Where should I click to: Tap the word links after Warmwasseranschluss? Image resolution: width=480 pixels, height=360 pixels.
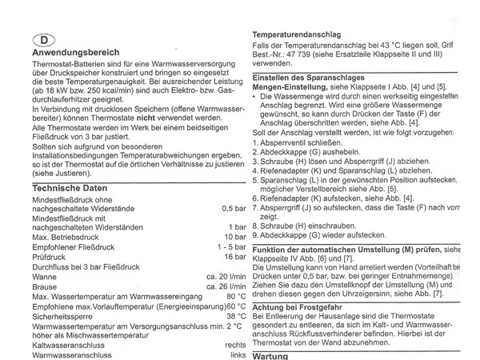click(235, 354)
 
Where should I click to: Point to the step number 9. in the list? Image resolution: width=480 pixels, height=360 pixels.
click(256, 236)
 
